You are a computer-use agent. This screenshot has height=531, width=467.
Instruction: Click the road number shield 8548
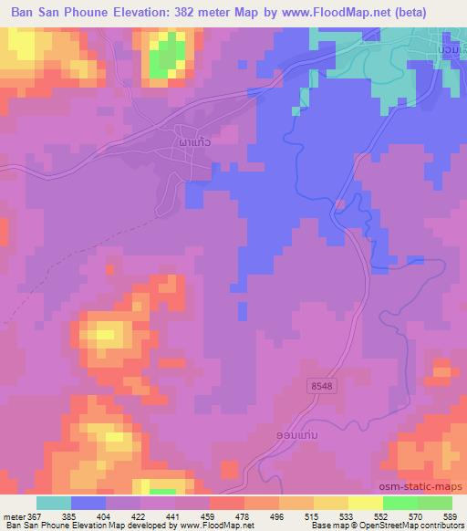tap(321, 387)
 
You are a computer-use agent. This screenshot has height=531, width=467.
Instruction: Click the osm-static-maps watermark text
tap(428, 486)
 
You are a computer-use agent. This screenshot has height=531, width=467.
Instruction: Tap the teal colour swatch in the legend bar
tap(53, 503)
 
